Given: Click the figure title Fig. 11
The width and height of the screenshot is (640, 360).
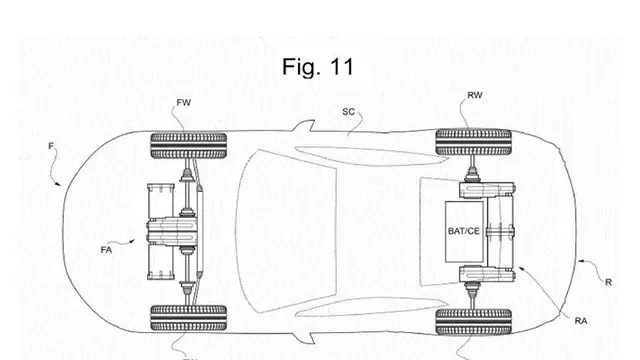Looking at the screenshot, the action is coord(318,67).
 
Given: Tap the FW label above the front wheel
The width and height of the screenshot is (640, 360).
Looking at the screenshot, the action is coord(184,102).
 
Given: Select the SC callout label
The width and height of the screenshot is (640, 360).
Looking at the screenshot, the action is coord(348,112).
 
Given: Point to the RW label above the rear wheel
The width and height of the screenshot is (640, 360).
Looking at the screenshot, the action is coord(475,95).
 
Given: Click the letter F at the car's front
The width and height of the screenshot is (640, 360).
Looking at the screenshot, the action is coord(51,146).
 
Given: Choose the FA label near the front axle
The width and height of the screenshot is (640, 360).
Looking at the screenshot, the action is coord(106,250).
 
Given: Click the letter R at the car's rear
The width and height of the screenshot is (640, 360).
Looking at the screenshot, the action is coord(608,282).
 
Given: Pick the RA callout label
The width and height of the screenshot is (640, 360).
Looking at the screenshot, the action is coord(581,321).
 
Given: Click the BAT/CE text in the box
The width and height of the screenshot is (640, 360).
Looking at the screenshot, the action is coord(464,231).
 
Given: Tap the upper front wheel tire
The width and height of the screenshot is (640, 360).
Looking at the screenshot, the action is coord(189,145).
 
